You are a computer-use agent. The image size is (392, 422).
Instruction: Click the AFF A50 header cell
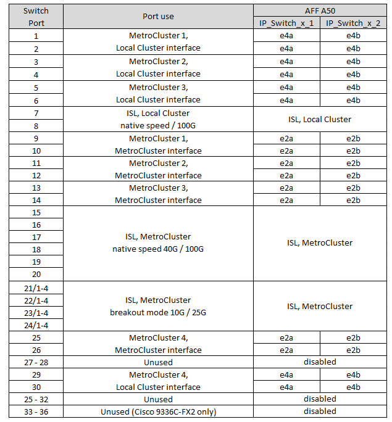point(320,10)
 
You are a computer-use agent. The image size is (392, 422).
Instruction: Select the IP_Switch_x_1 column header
point(286,23)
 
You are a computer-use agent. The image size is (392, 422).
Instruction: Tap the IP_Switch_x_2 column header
point(353,23)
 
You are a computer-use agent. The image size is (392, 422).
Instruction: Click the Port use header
point(158,17)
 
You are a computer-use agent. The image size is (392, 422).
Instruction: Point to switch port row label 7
point(36,113)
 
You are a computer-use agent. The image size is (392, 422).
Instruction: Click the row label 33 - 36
point(36,412)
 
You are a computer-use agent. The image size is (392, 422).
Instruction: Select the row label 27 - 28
point(36,362)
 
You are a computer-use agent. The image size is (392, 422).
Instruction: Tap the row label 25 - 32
point(36,399)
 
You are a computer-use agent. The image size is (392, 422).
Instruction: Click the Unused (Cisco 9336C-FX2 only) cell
point(158,412)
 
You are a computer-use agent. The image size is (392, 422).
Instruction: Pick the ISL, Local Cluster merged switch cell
point(320,119)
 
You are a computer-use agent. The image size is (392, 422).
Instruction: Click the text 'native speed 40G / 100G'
point(158,249)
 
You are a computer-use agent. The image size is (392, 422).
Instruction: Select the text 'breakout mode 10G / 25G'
point(158,312)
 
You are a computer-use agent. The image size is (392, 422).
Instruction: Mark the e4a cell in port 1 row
point(286,36)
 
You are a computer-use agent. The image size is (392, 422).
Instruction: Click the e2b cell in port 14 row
point(353,200)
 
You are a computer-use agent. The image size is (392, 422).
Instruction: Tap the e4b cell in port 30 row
point(353,387)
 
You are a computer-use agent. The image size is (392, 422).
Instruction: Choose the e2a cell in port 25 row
point(286,337)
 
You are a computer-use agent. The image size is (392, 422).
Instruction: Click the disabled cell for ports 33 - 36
point(320,411)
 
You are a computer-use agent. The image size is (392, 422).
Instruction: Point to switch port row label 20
point(36,274)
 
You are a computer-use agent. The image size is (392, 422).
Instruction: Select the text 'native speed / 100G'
point(158,125)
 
